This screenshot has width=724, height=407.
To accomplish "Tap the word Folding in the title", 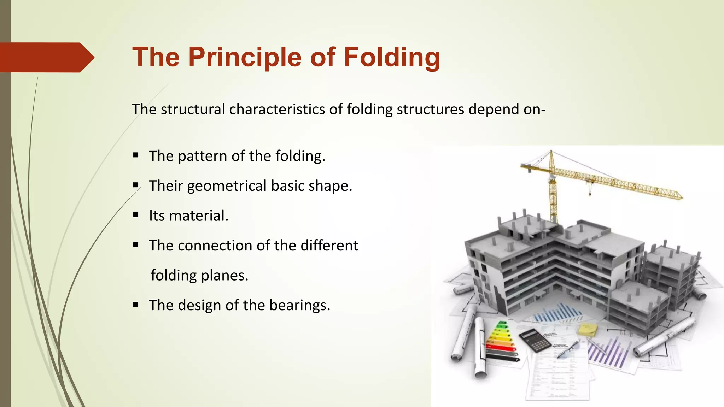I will (392, 57).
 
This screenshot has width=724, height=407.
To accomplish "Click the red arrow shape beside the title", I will (46, 57).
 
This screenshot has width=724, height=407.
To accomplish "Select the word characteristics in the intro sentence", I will (277, 109).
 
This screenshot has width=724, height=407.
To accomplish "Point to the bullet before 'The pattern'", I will (136, 155).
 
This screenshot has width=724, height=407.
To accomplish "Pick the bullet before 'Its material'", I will (136, 215).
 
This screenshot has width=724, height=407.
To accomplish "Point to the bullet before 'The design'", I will (136, 304).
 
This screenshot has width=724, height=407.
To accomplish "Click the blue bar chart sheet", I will (559, 313).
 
